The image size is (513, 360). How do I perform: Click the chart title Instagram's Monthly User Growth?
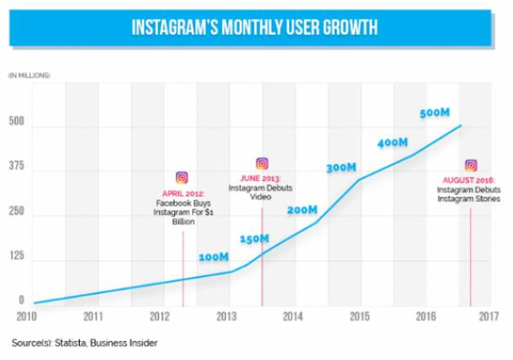point(255,29)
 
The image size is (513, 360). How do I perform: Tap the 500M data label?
point(435,113)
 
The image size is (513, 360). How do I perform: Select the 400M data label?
point(393,143)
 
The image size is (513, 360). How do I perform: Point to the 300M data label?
point(342,168)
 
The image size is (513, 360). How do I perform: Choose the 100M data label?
point(213,257)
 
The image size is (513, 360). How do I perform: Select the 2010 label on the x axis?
point(28,316)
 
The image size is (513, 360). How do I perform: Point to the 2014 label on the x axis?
point(294,316)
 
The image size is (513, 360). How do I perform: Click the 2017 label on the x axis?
point(488,316)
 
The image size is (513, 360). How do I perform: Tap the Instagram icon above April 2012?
point(182,178)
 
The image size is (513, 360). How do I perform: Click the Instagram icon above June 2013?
point(262,163)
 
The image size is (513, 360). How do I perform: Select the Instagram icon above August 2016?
point(471,166)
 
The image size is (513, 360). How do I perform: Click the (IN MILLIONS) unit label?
point(29,75)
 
